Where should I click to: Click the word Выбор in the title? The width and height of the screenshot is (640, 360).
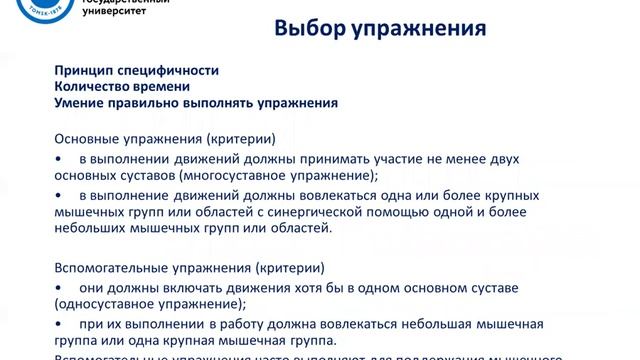(x=307, y=30)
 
